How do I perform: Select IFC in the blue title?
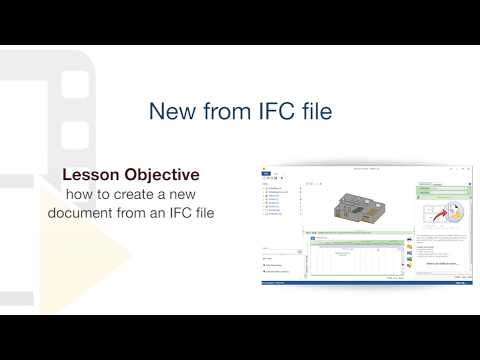click(273, 110)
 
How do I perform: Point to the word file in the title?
click(315, 110)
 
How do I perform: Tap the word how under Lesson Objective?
click(78, 194)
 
